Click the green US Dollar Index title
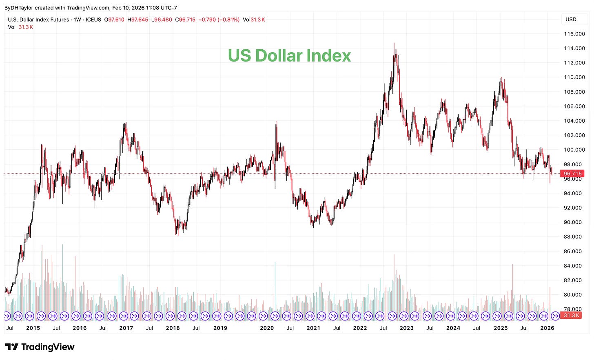[289, 56]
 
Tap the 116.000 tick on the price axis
[574, 34]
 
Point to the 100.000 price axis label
[574, 150]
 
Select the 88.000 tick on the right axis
[574, 236]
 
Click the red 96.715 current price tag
[572, 174]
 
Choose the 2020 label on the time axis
[266, 328]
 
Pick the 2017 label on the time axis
[126, 328]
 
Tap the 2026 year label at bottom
[547, 328]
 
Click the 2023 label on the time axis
[406, 328]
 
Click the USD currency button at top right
[571, 19]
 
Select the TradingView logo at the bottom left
[40, 347]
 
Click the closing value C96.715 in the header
[185, 20]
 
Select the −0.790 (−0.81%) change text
[219, 20]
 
